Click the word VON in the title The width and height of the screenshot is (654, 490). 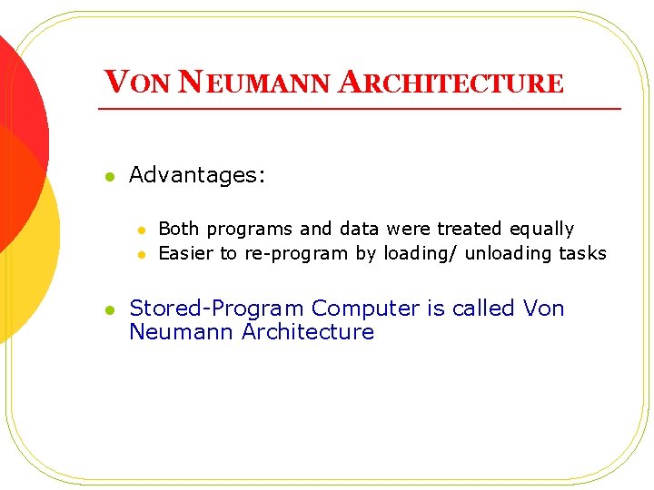tap(137, 83)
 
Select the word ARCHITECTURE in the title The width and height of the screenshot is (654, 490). tap(451, 83)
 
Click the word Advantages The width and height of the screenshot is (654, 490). tap(197, 175)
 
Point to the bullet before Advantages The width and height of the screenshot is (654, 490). tap(109, 177)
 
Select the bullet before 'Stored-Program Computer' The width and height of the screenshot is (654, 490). tap(109, 310)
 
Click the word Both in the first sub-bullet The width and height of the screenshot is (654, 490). tap(178, 229)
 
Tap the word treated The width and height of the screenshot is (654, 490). tap(470, 229)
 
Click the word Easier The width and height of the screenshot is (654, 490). tap(186, 253)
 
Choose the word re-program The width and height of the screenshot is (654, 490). tap(296, 254)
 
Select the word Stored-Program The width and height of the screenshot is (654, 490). tap(217, 309)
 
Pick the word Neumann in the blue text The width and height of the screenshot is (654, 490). tap(182, 332)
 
